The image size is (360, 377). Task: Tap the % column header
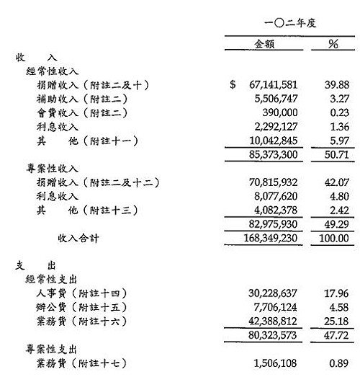click(x=333, y=45)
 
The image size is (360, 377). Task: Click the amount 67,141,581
click(x=271, y=85)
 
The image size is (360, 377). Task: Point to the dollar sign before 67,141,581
click(x=233, y=85)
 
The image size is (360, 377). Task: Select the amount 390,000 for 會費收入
click(x=281, y=112)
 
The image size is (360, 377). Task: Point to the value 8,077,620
click(x=274, y=196)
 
